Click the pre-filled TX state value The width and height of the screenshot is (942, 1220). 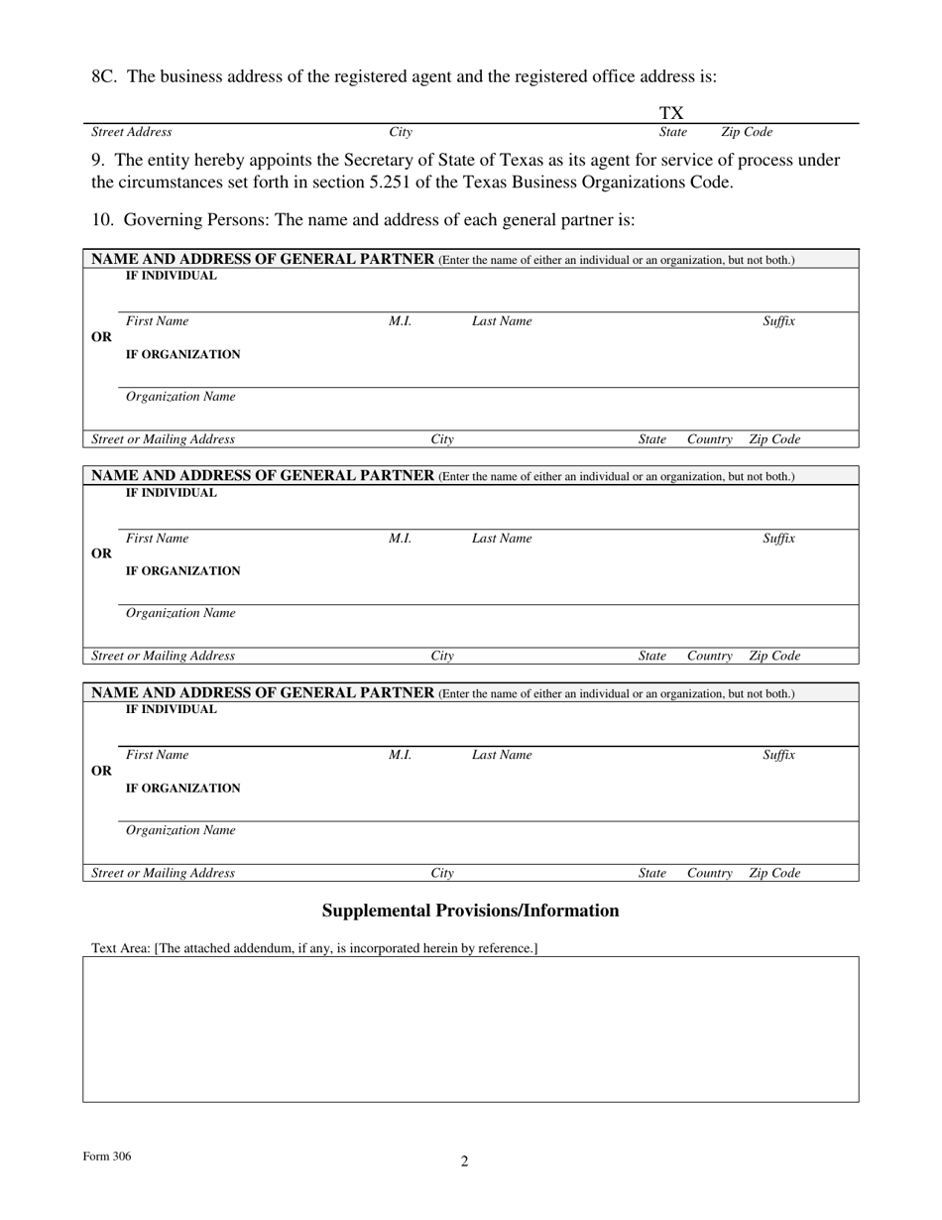672,114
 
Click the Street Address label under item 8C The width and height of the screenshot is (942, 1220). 131,132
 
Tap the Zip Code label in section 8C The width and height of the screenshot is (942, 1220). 746,132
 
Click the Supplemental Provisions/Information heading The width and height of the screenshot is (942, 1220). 470,911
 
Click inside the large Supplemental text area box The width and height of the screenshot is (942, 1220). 470,1029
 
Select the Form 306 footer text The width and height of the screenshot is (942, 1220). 107,1157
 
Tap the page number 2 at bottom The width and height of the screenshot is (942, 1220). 464,1161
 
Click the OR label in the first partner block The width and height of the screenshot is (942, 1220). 101,337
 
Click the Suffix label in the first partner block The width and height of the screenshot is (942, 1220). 778,321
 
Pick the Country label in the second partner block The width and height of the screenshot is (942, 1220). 709,656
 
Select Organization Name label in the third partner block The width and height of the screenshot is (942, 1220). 180,830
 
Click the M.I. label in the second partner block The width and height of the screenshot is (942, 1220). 400,539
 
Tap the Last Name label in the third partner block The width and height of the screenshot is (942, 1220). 501,755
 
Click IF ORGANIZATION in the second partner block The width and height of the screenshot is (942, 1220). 182,571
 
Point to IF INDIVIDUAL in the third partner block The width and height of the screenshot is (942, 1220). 171,710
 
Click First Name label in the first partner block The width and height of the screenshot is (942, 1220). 157,321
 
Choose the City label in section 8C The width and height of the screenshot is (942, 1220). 401,132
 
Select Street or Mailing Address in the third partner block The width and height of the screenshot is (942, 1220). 163,873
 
